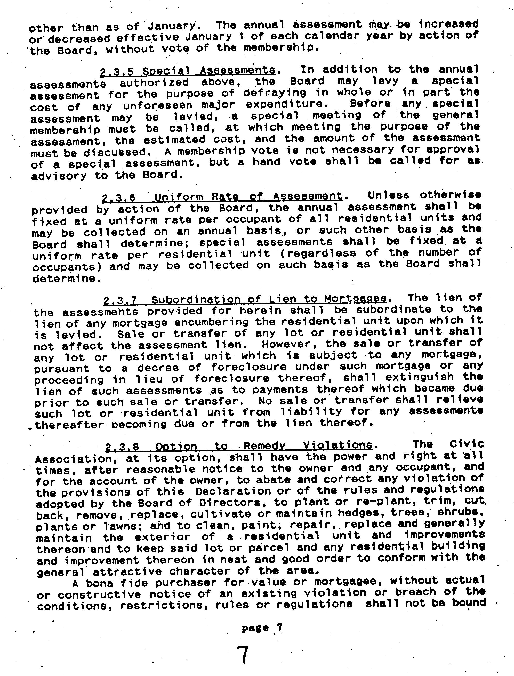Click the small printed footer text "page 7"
click(262, 628)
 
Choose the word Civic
click(467, 444)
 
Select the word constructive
click(99, 595)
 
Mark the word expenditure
click(284, 104)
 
